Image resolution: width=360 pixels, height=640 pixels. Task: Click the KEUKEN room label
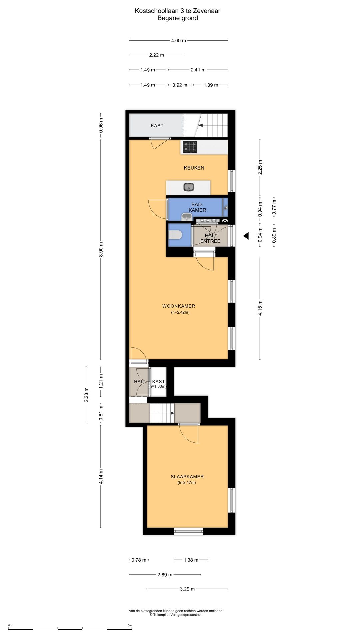[194, 168]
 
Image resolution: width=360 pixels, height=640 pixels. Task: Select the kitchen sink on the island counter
[189, 187]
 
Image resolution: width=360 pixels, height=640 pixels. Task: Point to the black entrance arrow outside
[246, 236]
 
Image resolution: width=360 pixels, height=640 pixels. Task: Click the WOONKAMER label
[179, 306]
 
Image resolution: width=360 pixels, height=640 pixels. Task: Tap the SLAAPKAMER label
[187, 477]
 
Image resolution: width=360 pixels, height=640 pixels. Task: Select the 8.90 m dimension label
[101, 249]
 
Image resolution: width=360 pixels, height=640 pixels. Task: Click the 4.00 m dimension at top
[179, 41]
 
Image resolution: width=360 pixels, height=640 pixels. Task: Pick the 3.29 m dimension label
[187, 589]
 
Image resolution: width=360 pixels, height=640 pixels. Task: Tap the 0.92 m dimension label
[180, 85]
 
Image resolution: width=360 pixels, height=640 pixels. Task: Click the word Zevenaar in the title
[207, 11]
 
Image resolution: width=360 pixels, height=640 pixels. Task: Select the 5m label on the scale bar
[130, 625]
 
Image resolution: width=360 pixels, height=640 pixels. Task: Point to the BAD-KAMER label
[197, 207]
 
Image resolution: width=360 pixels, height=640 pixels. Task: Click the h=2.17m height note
[187, 482]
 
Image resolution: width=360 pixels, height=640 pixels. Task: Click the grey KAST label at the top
[157, 126]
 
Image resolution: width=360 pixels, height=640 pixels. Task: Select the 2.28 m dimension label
[86, 395]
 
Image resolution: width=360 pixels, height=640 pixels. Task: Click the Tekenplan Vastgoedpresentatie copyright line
[176, 615]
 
